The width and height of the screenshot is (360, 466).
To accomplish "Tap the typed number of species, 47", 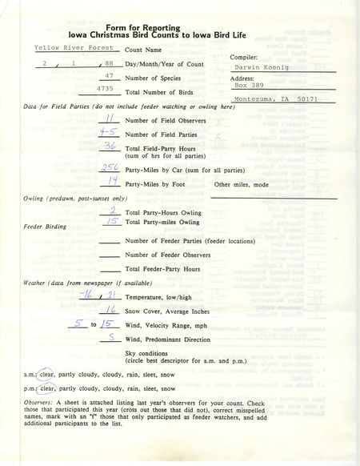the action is pyautogui.click(x=112, y=78).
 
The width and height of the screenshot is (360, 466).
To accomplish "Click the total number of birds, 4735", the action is pyautogui.click(x=110, y=92).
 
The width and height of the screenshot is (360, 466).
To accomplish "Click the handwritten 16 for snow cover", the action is pyautogui.click(x=114, y=308).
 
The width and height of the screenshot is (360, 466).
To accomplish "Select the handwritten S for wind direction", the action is pyautogui.click(x=113, y=339).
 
